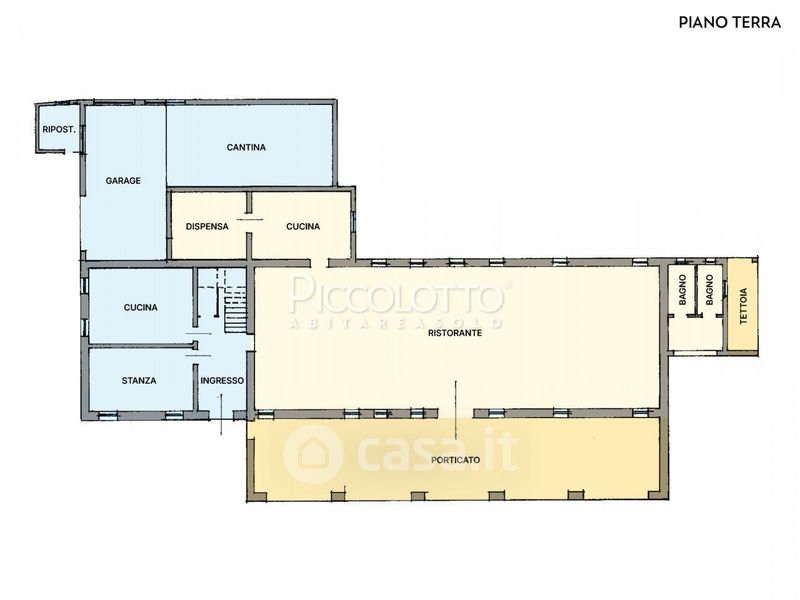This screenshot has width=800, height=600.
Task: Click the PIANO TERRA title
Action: click(730, 22)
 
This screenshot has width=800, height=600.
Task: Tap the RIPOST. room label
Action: click(59, 130)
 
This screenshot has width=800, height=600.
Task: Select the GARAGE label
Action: click(123, 181)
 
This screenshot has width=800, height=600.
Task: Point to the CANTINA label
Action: click(246, 147)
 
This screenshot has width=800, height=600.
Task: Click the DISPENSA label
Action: click(207, 227)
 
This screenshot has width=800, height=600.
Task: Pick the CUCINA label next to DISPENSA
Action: click(303, 227)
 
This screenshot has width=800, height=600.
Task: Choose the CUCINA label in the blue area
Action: click(140, 308)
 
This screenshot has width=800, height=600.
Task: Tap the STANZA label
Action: click(139, 381)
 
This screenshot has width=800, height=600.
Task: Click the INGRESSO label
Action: click(222, 381)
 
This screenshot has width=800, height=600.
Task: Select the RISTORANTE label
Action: click(455, 333)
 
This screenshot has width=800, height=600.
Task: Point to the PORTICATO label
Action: click(455, 460)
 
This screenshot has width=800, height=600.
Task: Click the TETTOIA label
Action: click(743, 306)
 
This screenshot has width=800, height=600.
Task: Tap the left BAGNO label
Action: click(683, 290)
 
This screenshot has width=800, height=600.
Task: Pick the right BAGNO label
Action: click(709, 290)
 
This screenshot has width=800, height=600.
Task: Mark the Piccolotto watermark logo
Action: click(397, 300)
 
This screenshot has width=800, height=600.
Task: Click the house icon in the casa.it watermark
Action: click(312, 453)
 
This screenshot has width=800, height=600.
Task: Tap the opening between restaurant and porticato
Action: click(456, 412)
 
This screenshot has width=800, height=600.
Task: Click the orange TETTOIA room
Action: click(743, 306)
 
